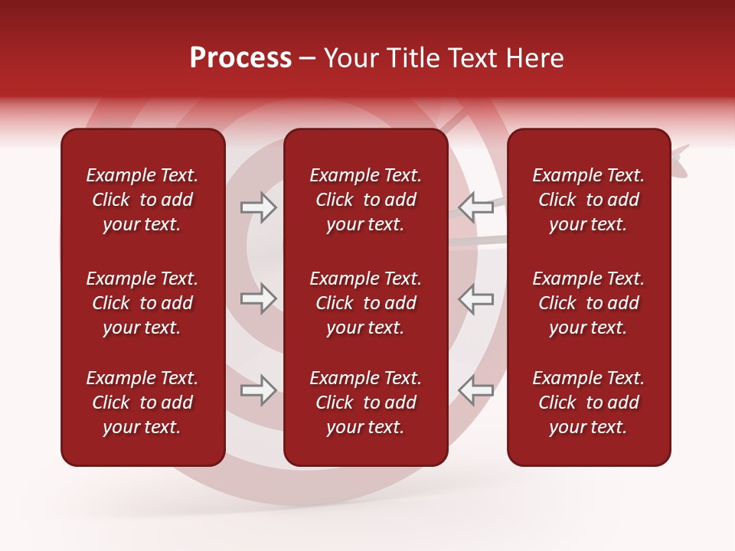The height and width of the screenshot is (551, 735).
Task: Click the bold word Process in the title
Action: click(240, 58)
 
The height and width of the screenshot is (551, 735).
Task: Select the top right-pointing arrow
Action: click(259, 207)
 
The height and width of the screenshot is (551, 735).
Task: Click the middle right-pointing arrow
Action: click(259, 298)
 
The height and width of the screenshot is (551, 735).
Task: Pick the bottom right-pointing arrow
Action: click(259, 390)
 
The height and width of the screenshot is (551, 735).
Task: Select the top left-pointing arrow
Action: click(475, 207)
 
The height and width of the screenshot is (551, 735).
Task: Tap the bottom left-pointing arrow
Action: click(475, 390)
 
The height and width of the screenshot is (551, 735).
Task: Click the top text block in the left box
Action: click(142, 200)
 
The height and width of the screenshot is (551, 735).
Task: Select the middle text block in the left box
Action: click(142, 303)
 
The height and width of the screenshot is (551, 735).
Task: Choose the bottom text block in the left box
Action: click(142, 403)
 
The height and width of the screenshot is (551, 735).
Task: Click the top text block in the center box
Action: click(365, 200)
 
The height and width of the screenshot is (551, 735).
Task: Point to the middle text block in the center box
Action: click(365, 303)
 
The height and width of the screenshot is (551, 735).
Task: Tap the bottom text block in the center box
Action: click(365, 403)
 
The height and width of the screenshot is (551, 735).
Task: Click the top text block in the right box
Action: click(588, 200)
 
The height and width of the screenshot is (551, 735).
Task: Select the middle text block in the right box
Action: click(588, 303)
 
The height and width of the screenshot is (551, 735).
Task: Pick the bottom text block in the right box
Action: click(588, 403)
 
